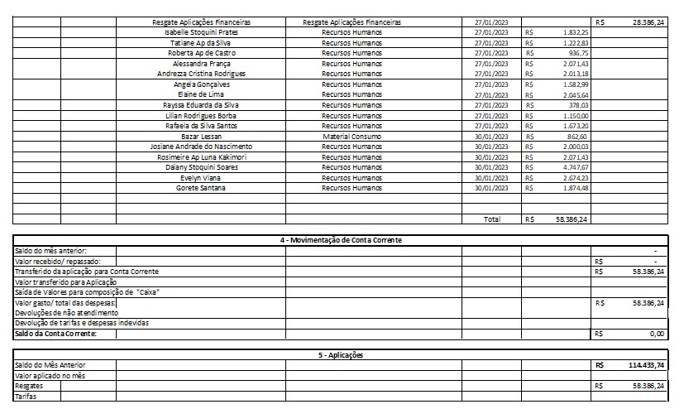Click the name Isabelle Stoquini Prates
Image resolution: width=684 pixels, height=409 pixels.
click(202, 32)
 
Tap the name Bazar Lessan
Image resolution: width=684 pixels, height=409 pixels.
click(202, 136)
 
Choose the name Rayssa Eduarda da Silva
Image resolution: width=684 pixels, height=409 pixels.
click(202, 105)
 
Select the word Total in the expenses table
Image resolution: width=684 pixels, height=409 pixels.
click(492, 220)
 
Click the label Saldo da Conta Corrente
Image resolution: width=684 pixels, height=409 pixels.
click(55, 334)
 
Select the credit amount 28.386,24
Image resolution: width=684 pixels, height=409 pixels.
click(648, 22)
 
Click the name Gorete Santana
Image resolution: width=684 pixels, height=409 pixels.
click(202, 188)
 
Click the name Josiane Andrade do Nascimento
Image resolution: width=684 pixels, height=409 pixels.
click(202, 147)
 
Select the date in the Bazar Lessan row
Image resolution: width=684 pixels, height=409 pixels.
click(491, 136)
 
